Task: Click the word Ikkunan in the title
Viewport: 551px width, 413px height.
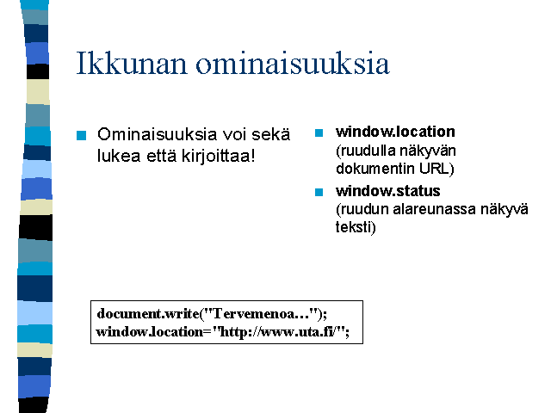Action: click(132, 63)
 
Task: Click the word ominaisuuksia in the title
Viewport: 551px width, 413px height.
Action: click(293, 63)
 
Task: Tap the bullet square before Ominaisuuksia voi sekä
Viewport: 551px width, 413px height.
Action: click(81, 135)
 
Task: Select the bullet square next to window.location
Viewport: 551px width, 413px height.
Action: click(319, 133)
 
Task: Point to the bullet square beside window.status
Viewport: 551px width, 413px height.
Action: click(319, 192)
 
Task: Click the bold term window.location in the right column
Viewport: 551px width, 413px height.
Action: click(395, 132)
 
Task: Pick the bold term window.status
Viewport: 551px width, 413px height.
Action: click(388, 191)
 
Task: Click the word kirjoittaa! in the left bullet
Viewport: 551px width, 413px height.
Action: click(218, 156)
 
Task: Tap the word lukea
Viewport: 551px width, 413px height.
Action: click(119, 156)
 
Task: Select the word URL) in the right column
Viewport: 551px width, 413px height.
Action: click(436, 169)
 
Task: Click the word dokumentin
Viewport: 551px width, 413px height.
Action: click(375, 169)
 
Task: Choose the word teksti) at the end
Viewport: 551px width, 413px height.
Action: click(356, 227)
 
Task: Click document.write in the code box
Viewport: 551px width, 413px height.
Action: click(147, 313)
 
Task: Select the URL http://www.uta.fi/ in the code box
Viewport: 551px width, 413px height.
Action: click(276, 332)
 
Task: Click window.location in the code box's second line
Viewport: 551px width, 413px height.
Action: click(149, 332)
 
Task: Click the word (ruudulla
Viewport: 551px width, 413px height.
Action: click(365, 151)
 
